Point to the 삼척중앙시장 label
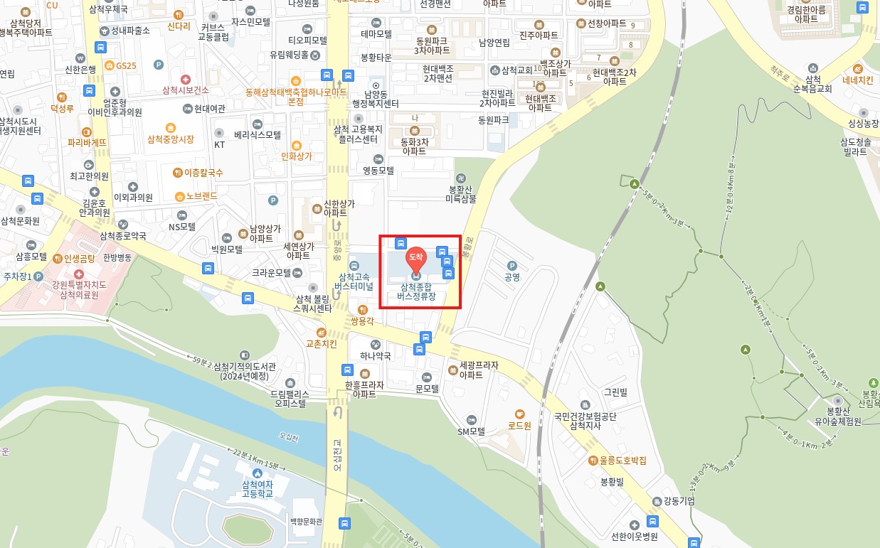coord(170,139)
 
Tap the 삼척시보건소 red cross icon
coord(185,79)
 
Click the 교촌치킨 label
coord(321,343)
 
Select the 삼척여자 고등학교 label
coord(257,489)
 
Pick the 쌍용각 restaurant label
coord(362,321)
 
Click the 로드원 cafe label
coord(519,426)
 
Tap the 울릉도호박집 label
coord(622,461)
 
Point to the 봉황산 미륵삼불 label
coord(461,194)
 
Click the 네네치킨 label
coord(857,80)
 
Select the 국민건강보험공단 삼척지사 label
coord(585,421)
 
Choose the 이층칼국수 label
coord(203,172)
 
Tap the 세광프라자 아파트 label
coord(479,370)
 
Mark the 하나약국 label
coord(376,355)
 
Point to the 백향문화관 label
coord(307,522)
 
